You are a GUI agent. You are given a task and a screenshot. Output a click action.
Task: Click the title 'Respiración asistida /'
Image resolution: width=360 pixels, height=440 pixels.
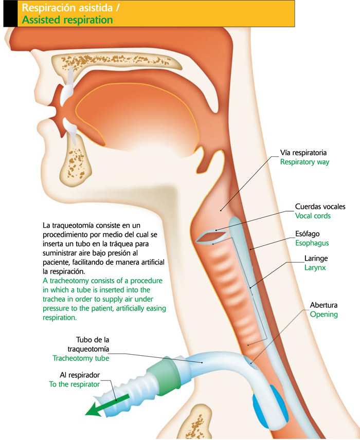click(x=68, y=8)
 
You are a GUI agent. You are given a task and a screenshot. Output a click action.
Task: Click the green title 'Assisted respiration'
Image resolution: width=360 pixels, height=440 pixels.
click(x=67, y=20)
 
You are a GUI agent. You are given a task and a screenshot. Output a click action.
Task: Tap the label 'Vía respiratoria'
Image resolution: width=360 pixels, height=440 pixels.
click(x=303, y=153)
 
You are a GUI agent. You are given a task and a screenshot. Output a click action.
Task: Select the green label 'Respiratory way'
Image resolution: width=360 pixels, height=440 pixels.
click(x=304, y=162)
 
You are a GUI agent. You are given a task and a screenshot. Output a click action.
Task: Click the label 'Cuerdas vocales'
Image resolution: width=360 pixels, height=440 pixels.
click(x=320, y=207)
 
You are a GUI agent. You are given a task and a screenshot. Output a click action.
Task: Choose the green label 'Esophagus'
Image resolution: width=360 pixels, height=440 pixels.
click(x=312, y=243)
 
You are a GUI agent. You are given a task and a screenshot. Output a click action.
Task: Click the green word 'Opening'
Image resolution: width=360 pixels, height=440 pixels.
click(x=323, y=314)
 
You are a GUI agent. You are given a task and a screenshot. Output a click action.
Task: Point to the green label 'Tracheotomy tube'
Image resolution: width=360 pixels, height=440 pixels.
click(x=81, y=358)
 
